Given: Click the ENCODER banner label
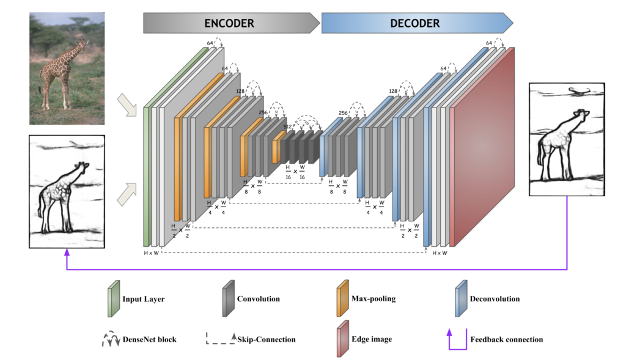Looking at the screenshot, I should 229,24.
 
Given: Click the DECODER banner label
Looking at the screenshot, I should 414,24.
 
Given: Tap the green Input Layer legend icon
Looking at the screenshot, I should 113,299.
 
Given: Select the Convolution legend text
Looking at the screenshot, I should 259,299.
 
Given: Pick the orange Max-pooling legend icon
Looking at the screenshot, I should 342,299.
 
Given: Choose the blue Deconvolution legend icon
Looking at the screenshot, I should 461,299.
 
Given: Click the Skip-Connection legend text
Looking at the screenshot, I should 269,339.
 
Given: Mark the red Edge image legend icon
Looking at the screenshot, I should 342,338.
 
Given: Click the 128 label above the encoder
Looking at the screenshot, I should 241,91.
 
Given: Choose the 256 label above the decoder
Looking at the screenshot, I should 344,113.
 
